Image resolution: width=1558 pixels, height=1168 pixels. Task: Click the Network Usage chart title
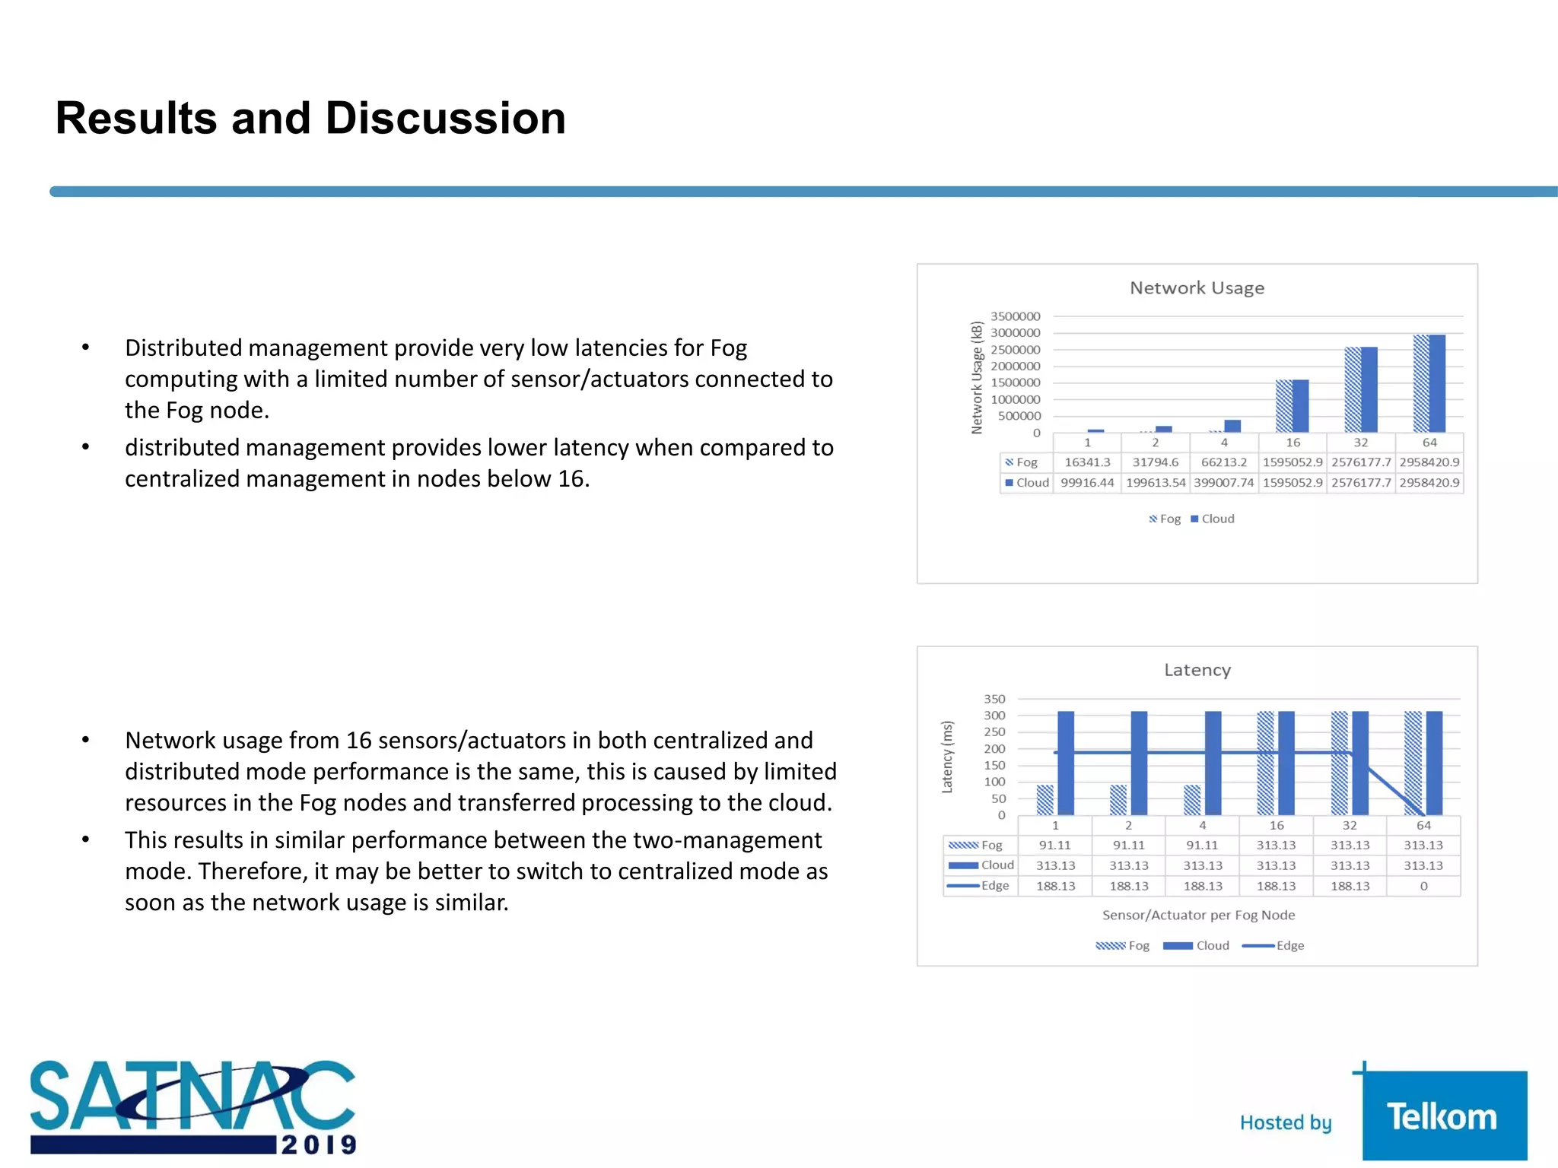tap(1197, 288)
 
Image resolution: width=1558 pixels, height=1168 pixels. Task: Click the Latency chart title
tap(1197, 670)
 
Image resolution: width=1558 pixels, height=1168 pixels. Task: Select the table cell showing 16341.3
tap(1087, 462)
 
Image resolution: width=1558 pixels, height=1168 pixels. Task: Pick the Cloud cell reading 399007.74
tap(1223, 483)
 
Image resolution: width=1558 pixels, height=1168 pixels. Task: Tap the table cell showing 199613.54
tap(1156, 483)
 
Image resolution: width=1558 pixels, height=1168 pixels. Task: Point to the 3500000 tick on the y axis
tap(1015, 316)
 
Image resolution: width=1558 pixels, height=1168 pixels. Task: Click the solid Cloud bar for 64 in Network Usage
tap(1437, 383)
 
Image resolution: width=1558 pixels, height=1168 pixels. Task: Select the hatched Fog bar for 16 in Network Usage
tap(1284, 406)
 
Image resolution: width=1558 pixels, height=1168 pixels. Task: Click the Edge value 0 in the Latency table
tap(1423, 886)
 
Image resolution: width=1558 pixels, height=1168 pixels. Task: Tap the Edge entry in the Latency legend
tap(1289, 946)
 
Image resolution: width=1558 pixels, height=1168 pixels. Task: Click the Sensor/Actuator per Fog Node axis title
tap(1198, 916)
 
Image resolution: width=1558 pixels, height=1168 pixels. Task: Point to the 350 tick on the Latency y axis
tap(994, 699)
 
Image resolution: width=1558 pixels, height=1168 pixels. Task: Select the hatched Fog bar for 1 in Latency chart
tap(1045, 800)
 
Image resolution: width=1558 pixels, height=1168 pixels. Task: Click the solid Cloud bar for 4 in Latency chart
tap(1213, 763)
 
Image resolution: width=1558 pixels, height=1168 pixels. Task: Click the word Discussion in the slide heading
tap(446, 119)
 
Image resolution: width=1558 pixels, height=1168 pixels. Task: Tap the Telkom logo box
tap(1444, 1116)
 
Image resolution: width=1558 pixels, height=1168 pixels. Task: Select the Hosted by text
tap(1286, 1123)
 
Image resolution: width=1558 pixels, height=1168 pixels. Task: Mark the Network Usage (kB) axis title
tap(977, 378)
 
